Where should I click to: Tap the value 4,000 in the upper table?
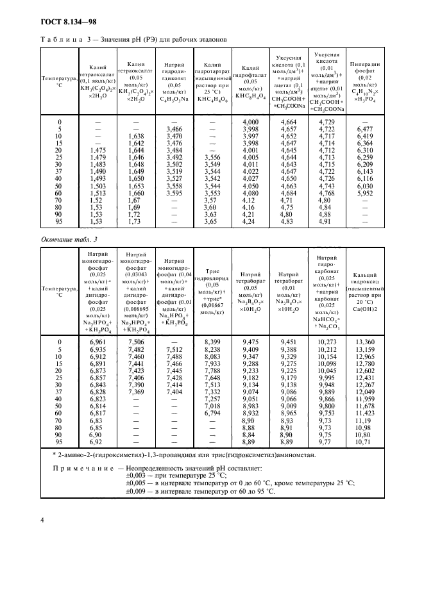pyautogui.click(x=250, y=122)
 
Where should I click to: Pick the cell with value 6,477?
pyautogui.click(x=363, y=129)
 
